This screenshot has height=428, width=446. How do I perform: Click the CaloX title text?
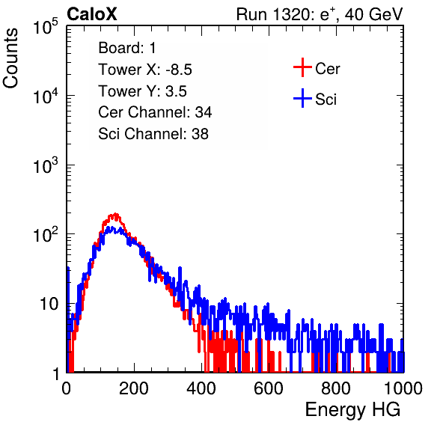(91, 14)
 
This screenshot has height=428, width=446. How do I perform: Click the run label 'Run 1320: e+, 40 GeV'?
(320, 14)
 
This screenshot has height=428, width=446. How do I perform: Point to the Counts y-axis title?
(10, 58)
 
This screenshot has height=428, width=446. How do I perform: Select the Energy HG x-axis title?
(352, 410)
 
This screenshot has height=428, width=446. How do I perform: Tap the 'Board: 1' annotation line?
(127, 48)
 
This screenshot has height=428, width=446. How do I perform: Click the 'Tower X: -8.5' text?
(145, 70)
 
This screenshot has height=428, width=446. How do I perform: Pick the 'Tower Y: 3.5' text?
(142, 91)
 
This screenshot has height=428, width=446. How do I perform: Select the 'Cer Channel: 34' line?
(155, 112)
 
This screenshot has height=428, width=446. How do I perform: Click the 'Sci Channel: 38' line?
(153, 134)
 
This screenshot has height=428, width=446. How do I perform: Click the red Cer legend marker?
(302, 67)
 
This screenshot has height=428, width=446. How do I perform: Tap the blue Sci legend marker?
(302, 99)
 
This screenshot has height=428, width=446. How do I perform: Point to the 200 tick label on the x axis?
(134, 388)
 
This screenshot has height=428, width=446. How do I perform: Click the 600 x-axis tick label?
(269, 388)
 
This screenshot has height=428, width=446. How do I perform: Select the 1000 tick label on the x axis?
(403, 388)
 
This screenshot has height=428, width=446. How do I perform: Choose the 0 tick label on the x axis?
(67, 388)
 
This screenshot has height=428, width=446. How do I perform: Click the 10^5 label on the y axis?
(46, 26)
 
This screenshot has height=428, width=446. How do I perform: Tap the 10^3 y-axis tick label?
(46, 165)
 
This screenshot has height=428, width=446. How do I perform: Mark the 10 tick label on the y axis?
(49, 304)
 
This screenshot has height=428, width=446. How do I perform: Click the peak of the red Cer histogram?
(115, 214)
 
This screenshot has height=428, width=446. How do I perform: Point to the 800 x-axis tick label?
(336, 388)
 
